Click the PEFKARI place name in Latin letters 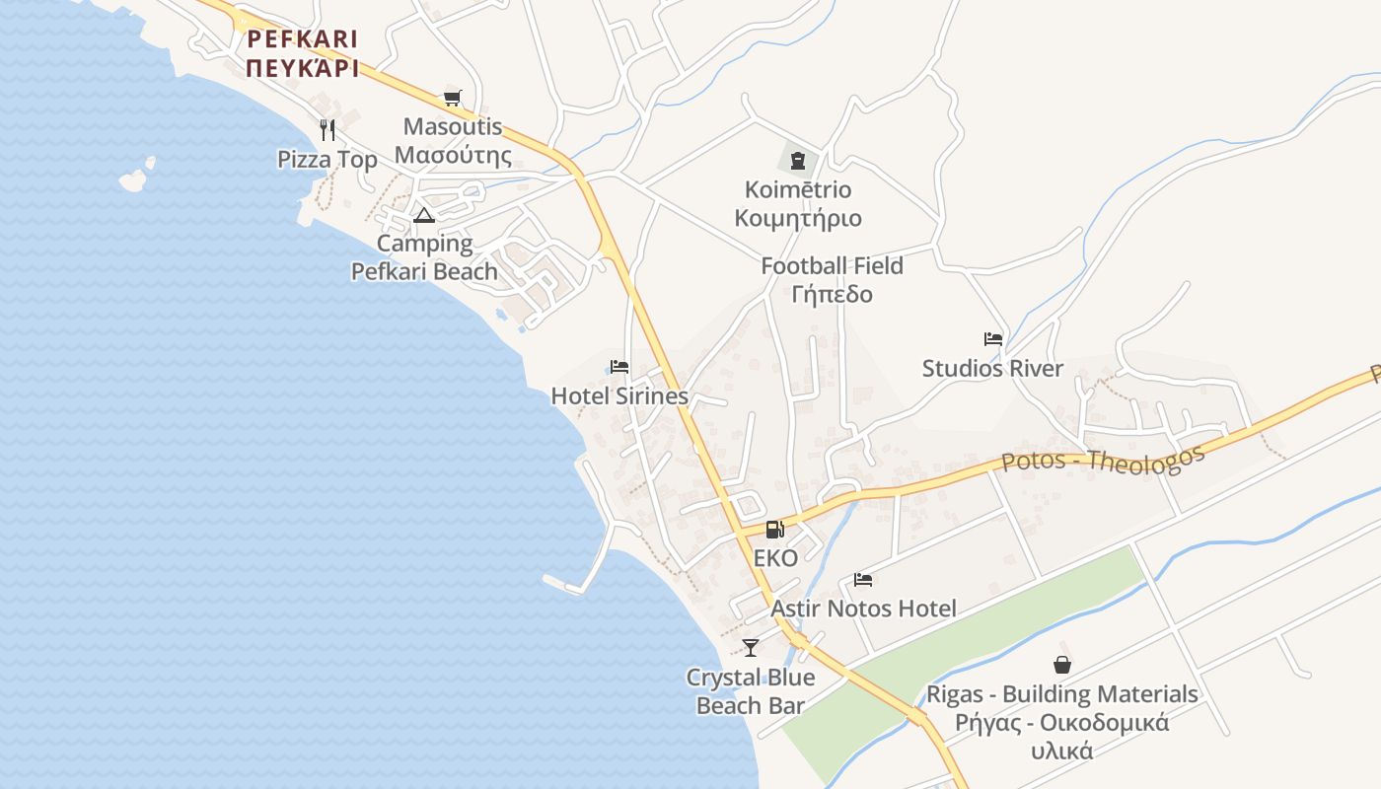click(302, 39)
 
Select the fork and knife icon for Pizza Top click(327, 129)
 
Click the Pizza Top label click(327, 160)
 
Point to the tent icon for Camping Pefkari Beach click(424, 215)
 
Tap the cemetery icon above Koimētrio click(798, 161)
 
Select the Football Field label click(832, 266)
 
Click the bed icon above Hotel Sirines click(619, 367)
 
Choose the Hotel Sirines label click(619, 396)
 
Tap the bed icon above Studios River click(992, 339)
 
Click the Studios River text click(992, 369)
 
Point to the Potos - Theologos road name click(1103, 460)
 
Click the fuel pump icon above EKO click(775, 530)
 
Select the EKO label click(775, 559)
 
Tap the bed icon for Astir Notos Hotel click(863, 580)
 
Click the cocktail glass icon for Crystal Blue click(751, 648)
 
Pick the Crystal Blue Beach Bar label click(751, 691)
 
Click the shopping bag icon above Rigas click(1062, 665)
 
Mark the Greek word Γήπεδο click(832, 295)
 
